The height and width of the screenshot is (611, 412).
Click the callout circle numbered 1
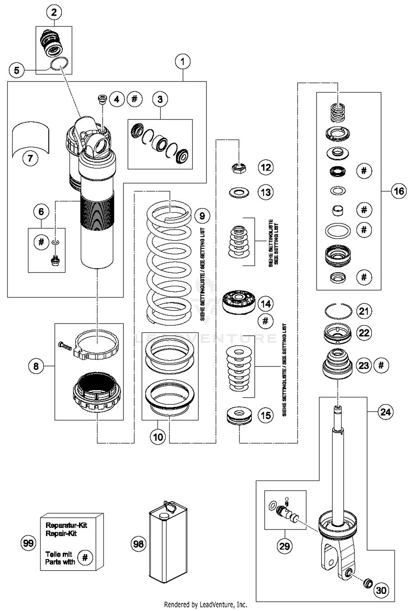point(183,62)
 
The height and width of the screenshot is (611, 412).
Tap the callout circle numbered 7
point(30,158)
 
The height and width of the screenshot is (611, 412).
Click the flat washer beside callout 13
point(239,192)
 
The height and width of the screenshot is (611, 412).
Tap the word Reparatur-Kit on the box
point(66,525)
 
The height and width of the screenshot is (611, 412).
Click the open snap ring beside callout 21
point(338,311)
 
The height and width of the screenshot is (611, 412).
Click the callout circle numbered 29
point(285,546)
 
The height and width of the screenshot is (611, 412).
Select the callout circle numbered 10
point(158,437)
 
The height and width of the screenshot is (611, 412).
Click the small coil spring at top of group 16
point(338,113)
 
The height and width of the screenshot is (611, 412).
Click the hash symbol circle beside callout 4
point(135,99)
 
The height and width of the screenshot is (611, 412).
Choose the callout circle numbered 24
point(385,412)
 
